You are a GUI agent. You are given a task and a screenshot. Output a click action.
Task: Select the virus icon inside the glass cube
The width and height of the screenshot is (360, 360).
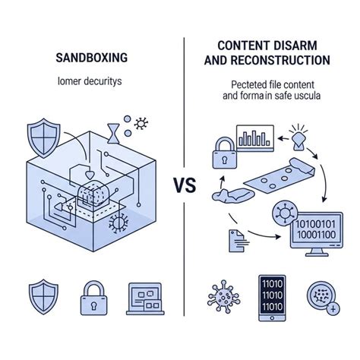[x=118, y=223]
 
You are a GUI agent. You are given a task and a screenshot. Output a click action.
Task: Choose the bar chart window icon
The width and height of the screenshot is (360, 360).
[x=254, y=138]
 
